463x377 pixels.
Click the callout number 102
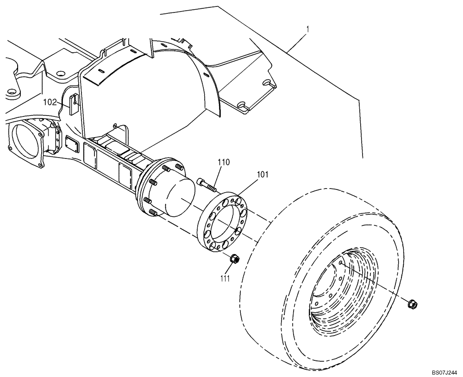[x=50, y=102]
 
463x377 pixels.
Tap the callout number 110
[x=225, y=162]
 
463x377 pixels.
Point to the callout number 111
[x=225, y=277]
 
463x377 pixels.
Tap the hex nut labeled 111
[x=235, y=259]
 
